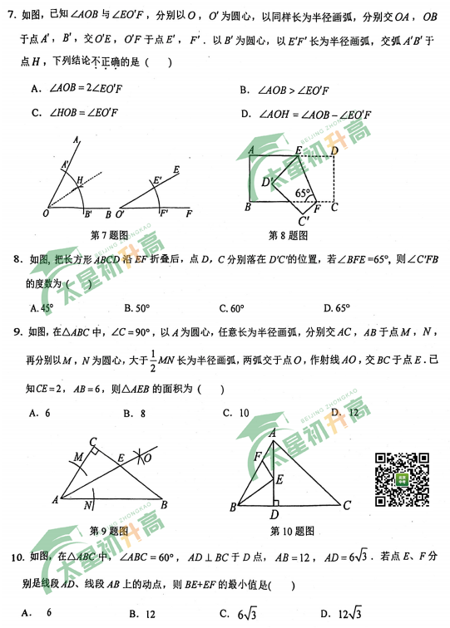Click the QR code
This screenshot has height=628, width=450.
coord(403,478)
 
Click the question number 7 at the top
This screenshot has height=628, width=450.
coord(10,15)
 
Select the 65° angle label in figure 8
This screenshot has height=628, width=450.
coord(303,194)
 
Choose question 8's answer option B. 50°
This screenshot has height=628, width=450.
coord(137,308)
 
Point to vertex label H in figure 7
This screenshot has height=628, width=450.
coord(80,179)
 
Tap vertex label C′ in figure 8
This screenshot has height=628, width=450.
coord(304,221)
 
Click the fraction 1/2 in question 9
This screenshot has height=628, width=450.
coord(154,360)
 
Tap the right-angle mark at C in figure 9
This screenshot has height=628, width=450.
coord(96,450)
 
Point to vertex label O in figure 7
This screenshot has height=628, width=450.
coord(44,213)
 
